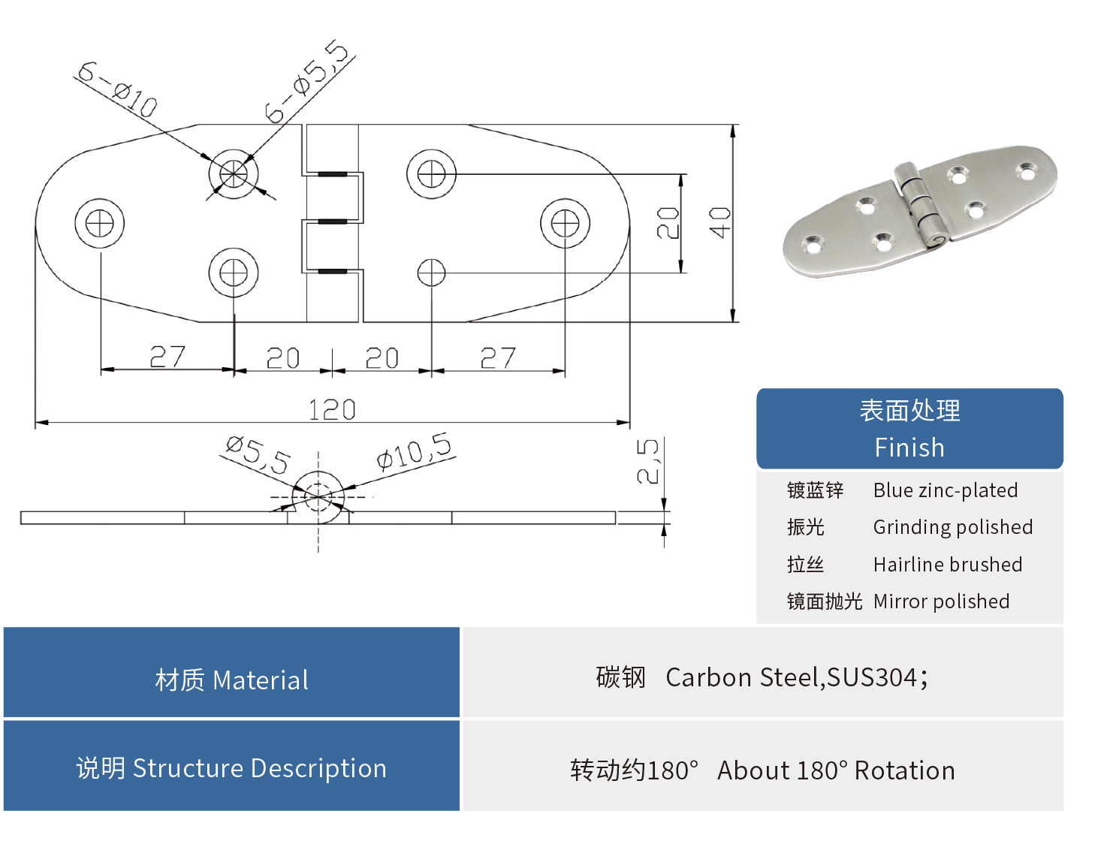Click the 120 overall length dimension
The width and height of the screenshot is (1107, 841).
[332, 409]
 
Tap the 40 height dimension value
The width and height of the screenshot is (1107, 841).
[719, 222]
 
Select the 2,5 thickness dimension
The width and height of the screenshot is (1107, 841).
[647, 461]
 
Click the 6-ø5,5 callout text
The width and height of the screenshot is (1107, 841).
[307, 82]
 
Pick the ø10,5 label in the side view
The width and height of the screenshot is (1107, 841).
[415, 451]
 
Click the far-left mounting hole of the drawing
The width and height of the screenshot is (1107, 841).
[100, 223]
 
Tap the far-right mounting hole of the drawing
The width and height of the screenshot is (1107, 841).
[565, 223]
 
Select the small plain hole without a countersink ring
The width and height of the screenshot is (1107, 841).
[431, 273]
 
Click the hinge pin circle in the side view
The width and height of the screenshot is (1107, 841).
[318, 496]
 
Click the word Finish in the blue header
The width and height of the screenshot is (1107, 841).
[909, 448]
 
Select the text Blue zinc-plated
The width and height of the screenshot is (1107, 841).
[946, 490]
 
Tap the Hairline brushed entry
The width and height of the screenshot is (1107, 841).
[948, 565]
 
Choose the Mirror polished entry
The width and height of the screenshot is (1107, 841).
[941, 601]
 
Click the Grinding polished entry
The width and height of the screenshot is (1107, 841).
[953, 527]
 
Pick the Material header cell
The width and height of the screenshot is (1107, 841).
[231, 680]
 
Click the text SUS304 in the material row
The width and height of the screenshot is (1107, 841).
[872, 677]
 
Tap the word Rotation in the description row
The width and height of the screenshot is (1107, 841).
[904, 770]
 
